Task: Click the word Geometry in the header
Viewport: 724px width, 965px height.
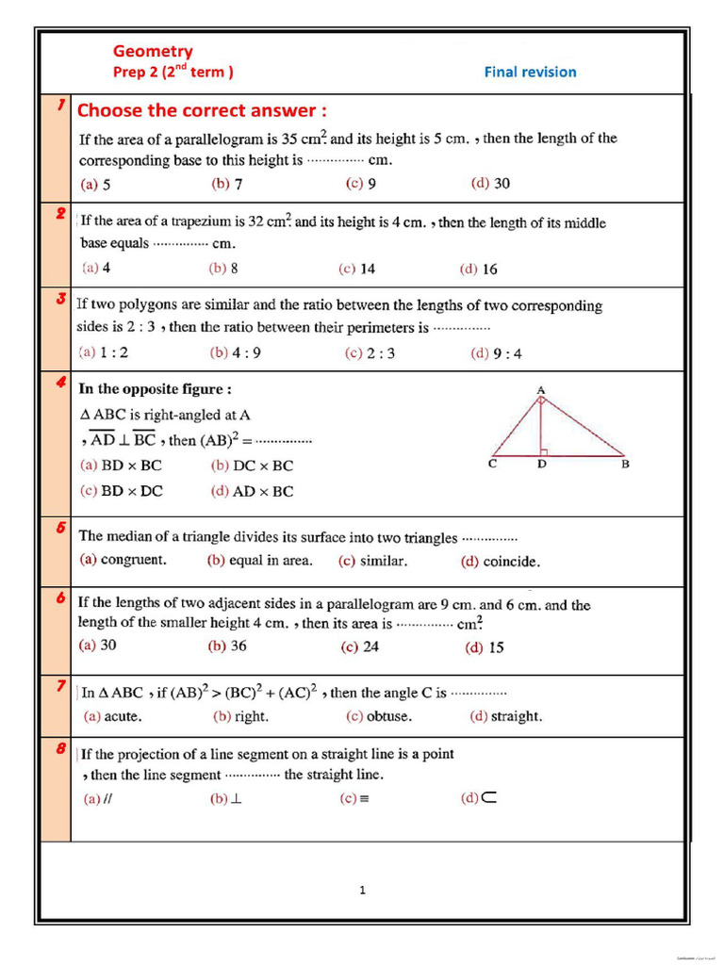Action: pos(153,52)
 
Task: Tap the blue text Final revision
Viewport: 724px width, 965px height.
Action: pos(530,72)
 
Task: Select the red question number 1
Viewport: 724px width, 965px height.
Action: pos(58,106)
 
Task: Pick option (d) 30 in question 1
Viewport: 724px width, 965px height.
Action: pos(490,184)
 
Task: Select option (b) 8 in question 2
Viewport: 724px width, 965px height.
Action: pos(223,269)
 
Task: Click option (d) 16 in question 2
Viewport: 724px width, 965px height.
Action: pos(479,270)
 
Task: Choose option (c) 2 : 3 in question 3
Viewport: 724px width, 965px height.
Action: pos(370,353)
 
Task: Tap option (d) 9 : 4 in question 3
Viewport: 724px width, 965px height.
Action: pos(496,354)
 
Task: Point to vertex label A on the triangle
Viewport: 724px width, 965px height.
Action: pos(541,388)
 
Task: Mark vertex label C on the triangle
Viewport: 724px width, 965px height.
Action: pos(493,464)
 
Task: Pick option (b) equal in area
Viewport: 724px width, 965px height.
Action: pos(259,561)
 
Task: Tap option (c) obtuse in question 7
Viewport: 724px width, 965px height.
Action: pos(378,716)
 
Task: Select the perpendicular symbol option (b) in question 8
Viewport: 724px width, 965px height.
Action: pos(226,799)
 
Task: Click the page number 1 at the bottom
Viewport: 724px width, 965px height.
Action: pos(362,890)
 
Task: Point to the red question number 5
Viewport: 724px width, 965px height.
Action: pos(58,528)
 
